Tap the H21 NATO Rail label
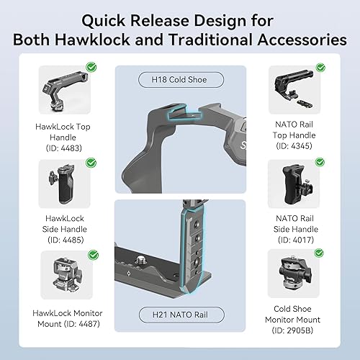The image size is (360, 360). [178, 315]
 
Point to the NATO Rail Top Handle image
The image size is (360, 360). [295, 91]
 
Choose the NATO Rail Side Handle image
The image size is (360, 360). [295, 184]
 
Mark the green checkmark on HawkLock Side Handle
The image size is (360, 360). [91, 162]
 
